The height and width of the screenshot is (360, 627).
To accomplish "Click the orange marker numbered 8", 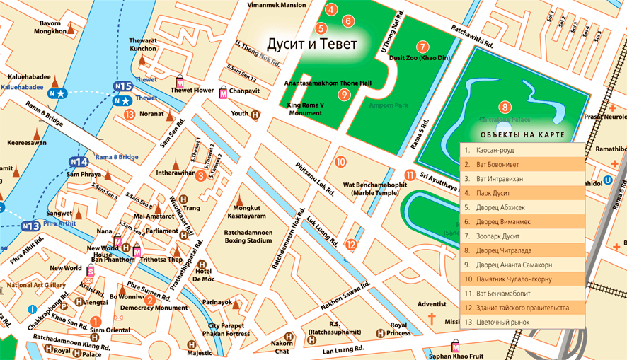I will click(505, 108).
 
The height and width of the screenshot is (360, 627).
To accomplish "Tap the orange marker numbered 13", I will click(130, 114).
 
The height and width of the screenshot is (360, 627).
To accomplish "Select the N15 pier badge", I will click(123, 86).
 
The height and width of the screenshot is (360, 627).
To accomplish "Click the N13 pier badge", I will click(30, 226).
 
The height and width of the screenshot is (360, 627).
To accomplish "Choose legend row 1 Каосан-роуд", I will click(522, 150).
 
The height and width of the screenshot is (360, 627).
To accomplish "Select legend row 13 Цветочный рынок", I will click(522, 322).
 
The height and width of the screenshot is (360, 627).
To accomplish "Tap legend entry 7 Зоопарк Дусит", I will click(522, 236).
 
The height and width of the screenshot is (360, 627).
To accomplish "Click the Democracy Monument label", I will click(153, 308).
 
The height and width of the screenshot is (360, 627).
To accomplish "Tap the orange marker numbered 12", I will click(351, 245).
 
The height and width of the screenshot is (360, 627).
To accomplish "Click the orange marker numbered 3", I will click(201, 175).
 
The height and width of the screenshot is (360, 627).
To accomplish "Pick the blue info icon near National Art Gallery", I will click(32, 309).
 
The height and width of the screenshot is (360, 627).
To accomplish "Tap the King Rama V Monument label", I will click(305, 109).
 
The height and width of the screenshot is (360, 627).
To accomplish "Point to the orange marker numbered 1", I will click(95, 321).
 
